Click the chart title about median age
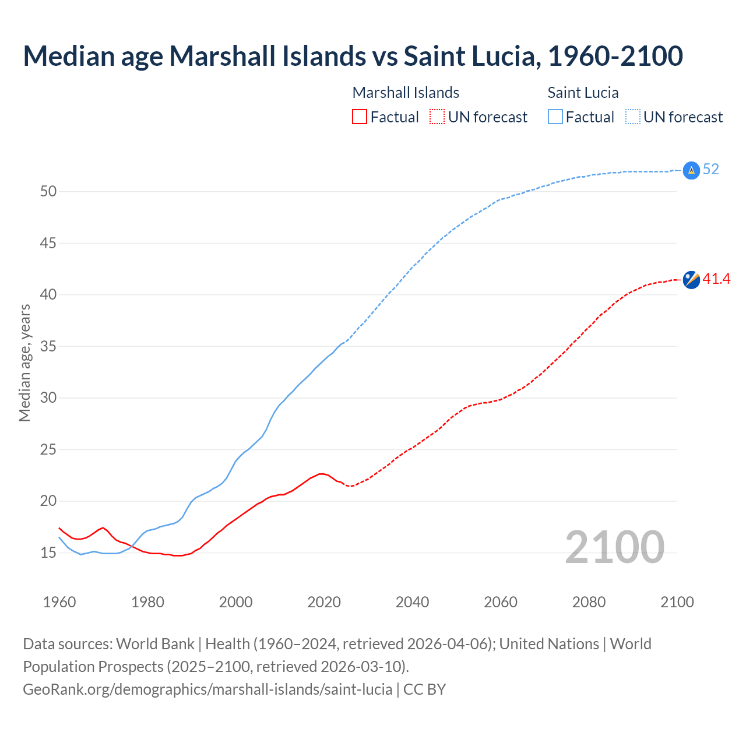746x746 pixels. [x=353, y=56]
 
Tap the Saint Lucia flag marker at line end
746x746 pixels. [x=691, y=170]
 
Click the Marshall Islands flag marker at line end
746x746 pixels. [x=691, y=280]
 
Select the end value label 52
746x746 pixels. [x=710, y=169]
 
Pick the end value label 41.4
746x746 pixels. [x=716, y=279]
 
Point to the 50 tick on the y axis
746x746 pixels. [x=48, y=191]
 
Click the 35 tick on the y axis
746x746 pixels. [x=48, y=346]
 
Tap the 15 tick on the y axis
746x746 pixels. [x=48, y=553]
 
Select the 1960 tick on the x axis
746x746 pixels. [x=59, y=602]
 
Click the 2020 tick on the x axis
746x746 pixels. [x=324, y=602]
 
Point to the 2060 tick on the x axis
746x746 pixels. [x=501, y=602]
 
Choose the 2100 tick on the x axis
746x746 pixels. [x=677, y=602]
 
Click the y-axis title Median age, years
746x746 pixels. [x=24, y=363]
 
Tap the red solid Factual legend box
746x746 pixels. [x=360, y=117]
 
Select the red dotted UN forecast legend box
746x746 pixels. [x=437, y=117]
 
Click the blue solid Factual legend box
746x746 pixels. [x=555, y=117]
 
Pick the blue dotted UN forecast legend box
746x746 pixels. [x=632, y=117]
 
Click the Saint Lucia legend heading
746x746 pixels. [x=583, y=93]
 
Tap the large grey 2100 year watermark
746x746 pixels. [x=614, y=547]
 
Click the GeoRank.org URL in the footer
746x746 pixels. [x=207, y=689]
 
